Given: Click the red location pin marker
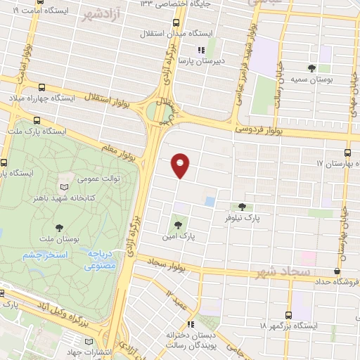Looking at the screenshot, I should point(181,165).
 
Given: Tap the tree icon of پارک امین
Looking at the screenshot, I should point(178,225).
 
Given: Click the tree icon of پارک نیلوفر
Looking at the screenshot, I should point(243,207).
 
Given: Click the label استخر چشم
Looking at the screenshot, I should point(44,254).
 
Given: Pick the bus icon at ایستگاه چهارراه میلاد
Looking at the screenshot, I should point(41,88).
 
